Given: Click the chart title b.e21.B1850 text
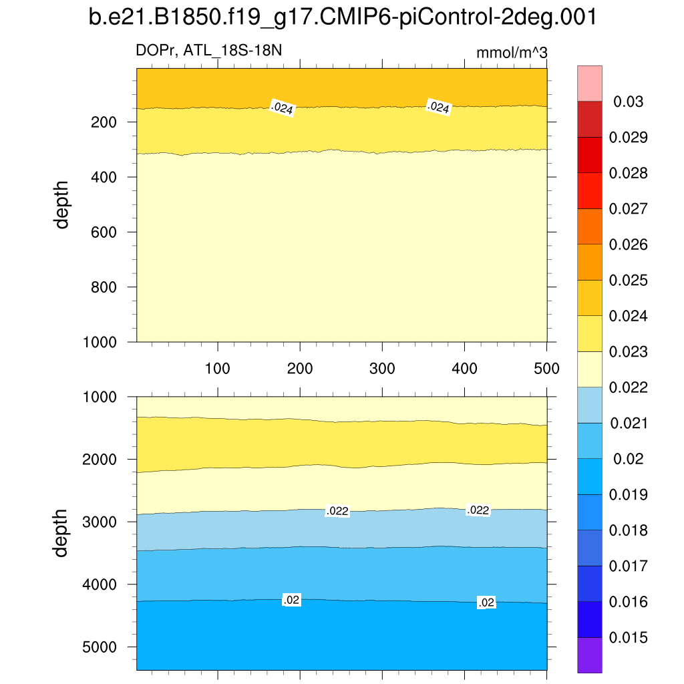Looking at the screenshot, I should point(342,18).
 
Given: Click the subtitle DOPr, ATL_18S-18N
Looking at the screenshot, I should point(213,50).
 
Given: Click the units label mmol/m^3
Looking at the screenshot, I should point(512,53).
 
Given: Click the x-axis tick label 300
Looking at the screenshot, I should point(382,368).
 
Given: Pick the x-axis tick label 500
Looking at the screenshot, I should point(546,368).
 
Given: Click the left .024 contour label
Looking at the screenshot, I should point(282,108).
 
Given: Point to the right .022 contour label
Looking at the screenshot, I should point(478,510).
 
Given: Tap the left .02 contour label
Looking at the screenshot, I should point(291,601).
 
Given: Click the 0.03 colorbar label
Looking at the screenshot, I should point(629,102).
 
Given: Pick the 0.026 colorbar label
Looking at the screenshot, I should point(629,244).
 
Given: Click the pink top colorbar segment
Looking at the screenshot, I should point(590,83).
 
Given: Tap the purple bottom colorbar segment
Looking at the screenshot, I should point(590,655).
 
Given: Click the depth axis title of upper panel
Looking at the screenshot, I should point(62,204).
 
